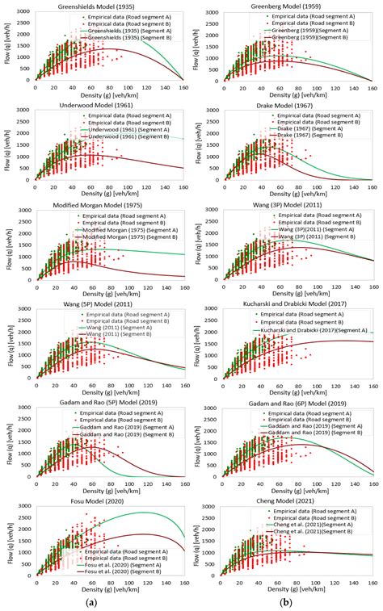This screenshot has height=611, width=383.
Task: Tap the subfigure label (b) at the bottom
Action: click(x=286, y=601)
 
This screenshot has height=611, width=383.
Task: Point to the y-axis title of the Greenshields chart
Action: click(x=7, y=49)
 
